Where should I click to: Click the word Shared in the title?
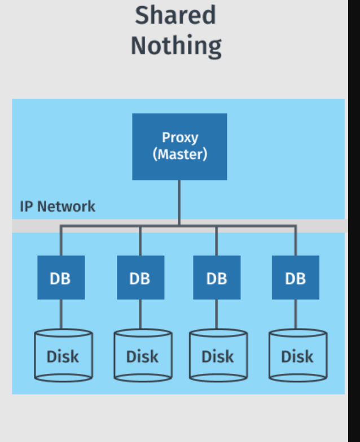coord(175,15)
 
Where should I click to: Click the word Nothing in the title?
coord(176,45)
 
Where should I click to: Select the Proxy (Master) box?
coord(179,147)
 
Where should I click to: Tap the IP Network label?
coord(58,206)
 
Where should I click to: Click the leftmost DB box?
coord(61,277)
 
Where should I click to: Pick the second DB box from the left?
coord(141,277)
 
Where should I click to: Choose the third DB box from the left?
coord(217,277)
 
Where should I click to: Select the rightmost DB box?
coord(295,277)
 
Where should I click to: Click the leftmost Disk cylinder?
coord(63,356)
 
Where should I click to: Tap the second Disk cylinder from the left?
coord(142,356)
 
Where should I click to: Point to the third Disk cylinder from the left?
coord(218,356)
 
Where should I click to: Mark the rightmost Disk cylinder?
coord(297,356)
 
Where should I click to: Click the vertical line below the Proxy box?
coord(179,200)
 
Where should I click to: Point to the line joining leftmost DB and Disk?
coord(61,314)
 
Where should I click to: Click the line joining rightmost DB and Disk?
coord(295,314)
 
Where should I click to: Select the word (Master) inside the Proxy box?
coord(180,153)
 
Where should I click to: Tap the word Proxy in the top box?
coord(180,137)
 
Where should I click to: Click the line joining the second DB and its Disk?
coord(141,314)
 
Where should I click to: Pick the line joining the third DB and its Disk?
coord(217,314)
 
